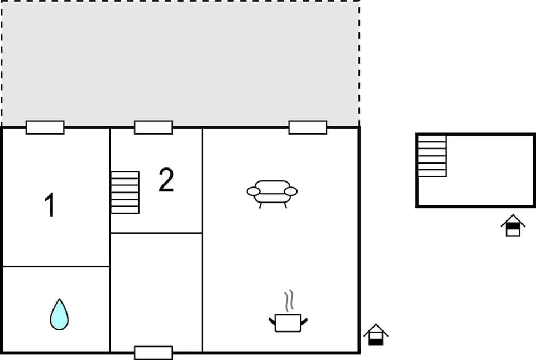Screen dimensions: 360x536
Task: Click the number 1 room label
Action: tap(50, 205)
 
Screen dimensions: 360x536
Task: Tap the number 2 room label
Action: tap(166, 180)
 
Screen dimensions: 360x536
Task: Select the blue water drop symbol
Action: tap(59, 314)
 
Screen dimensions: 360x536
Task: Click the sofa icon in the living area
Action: tap(272, 192)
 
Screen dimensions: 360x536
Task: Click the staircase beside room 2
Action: tap(125, 192)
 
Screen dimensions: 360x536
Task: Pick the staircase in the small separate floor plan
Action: tap(432, 156)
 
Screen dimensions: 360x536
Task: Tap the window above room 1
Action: tap(45, 127)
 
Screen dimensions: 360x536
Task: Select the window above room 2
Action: tap(154, 127)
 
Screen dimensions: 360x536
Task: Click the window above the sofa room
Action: tap(308, 127)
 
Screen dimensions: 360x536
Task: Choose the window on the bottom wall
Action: tap(154, 353)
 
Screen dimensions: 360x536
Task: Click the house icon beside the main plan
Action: tap(376, 335)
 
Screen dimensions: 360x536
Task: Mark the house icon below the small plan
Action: tap(513, 226)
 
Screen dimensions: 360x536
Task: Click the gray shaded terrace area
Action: tap(180, 61)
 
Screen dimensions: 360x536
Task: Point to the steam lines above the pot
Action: tap(289, 301)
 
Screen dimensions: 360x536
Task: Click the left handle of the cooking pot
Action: tap(272, 320)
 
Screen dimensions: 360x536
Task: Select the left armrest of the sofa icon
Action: tap(253, 191)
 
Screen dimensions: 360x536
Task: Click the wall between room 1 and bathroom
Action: tap(56, 267)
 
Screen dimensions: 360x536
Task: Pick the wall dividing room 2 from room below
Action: tap(156, 233)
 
